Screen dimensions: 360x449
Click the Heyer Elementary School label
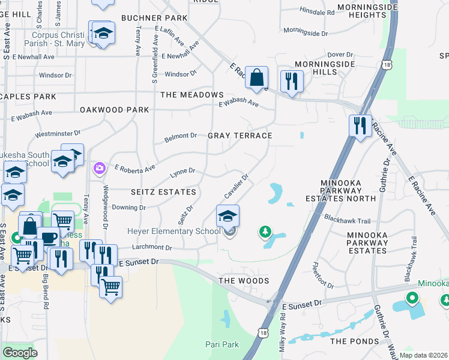point(173,231)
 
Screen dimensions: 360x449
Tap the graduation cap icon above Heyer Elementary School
point(228,215)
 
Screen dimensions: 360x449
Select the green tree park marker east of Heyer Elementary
point(264,231)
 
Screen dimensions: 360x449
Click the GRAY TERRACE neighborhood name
point(240,136)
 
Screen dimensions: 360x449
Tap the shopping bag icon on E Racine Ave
point(256,77)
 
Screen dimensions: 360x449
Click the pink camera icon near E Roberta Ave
point(98,168)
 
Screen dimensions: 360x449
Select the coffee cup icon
point(49,238)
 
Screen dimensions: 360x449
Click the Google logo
point(20,352)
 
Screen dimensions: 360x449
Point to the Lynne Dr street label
point(183,171)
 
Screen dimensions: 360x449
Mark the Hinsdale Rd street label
point(317,11)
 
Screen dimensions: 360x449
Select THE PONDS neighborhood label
point(355,341)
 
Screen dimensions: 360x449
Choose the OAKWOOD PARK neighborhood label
point(114,110)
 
